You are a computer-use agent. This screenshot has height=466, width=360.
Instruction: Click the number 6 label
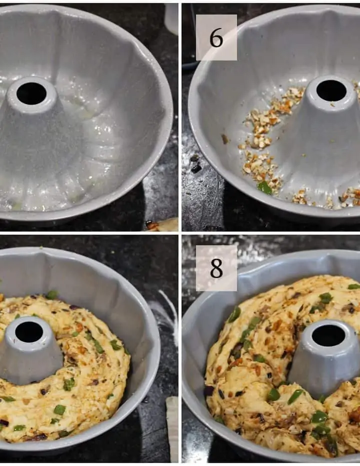(216, 38)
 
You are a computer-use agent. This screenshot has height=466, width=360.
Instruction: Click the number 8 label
(216, 268)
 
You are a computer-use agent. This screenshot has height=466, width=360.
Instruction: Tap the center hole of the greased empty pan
(31, 93)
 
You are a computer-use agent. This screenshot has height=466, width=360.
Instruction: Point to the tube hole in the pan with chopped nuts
(331, 90)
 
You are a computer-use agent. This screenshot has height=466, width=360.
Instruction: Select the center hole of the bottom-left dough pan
(29, 332)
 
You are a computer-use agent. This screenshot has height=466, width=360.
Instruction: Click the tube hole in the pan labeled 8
(328, 335)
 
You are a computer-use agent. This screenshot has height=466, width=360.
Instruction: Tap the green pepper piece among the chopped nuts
(264, 188)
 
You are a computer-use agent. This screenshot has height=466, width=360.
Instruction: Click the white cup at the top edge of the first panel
(171, 19)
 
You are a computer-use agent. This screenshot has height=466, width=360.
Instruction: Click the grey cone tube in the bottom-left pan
(29, 351)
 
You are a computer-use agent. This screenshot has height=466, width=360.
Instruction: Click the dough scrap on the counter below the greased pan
(161, 225)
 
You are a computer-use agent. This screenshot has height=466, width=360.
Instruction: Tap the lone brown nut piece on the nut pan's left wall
(225, 139)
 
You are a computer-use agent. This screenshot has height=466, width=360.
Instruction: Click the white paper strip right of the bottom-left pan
(172, 428)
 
